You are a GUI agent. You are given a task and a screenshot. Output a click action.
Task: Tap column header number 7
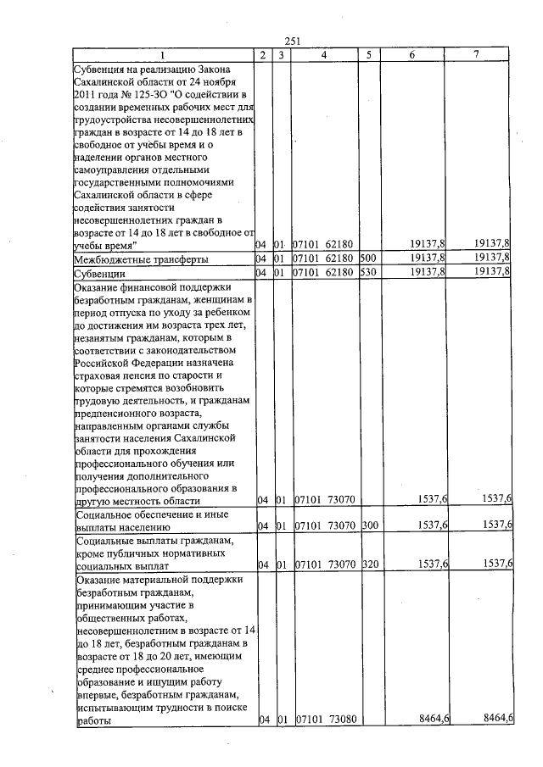point(477,55)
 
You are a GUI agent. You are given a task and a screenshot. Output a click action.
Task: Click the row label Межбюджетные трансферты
point(142,258)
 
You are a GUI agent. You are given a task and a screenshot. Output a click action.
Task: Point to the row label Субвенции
point(101,274)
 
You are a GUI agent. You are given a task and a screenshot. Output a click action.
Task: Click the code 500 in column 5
point(368,258)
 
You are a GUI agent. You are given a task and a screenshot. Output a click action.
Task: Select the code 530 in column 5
point(368,273)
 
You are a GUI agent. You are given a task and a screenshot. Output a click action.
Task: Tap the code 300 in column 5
point(368,525)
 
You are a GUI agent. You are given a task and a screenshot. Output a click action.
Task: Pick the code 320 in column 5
point(368,564)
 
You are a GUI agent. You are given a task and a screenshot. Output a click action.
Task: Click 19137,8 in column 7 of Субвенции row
point(492,272)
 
